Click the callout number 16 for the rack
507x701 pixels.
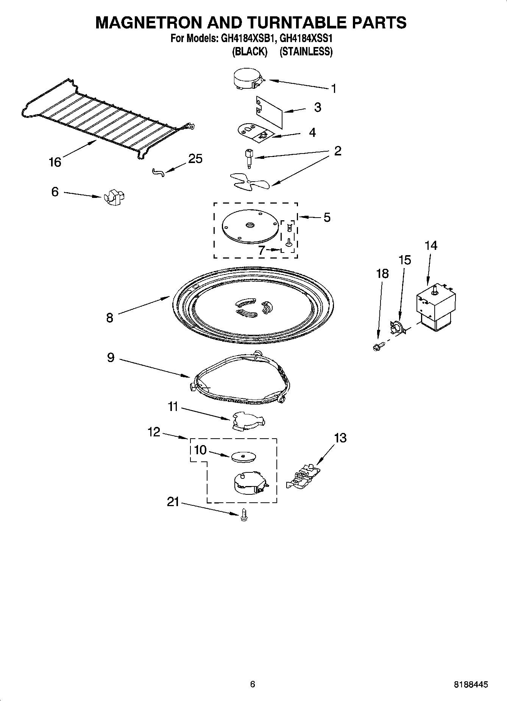(55, 162)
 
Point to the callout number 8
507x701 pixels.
(109, 317)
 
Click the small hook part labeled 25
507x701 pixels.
(158, 173)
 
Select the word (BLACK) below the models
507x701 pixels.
(250, 52)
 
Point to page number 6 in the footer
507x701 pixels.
(253, 684)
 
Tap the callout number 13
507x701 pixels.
(340, 438)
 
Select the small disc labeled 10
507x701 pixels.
(242, 456)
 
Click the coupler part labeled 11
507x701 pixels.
(248, 421)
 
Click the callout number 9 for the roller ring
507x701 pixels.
(110, 357)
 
